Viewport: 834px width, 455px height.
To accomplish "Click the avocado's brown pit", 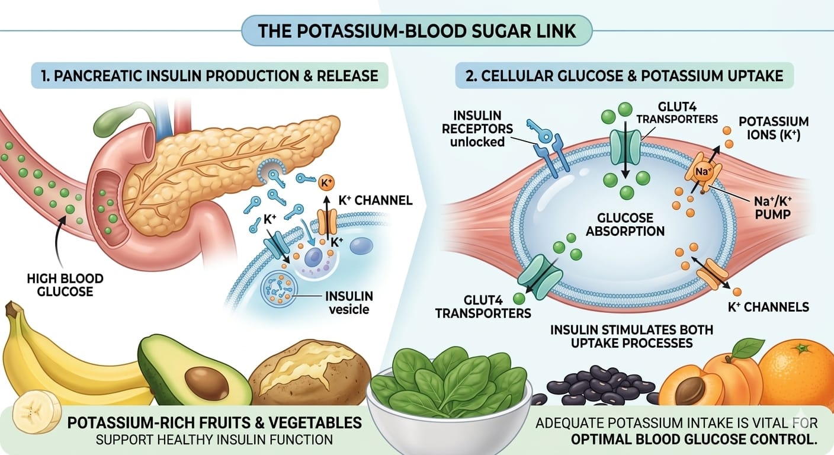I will pos(206,383).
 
